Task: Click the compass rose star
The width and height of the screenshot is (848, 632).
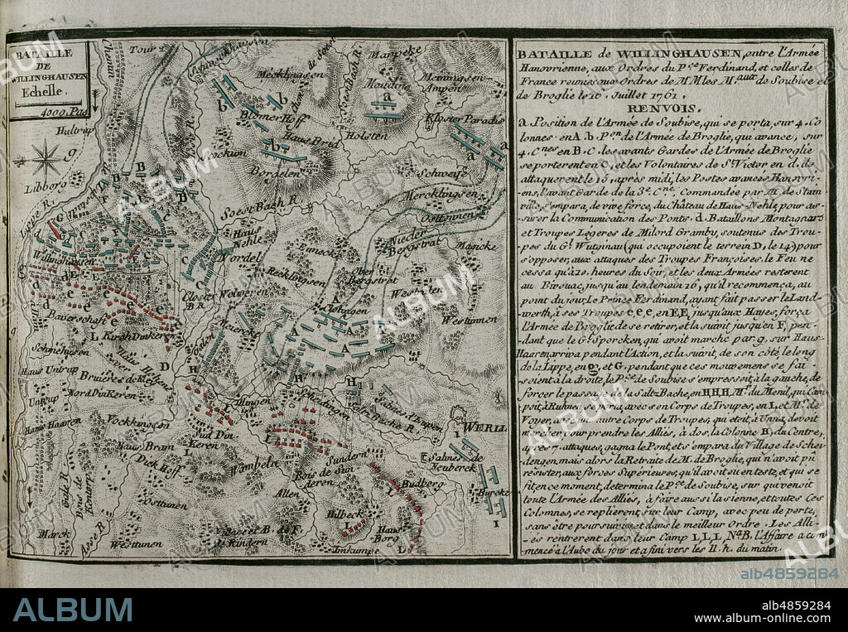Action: coord(46,157)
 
